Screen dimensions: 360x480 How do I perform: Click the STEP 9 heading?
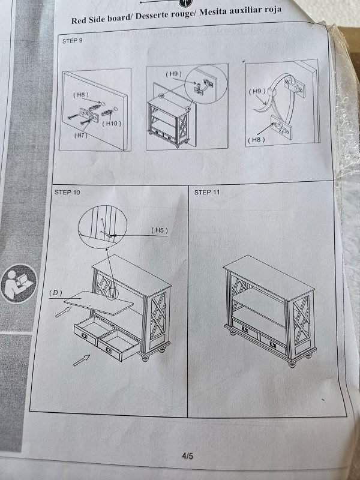[x=72, y=41]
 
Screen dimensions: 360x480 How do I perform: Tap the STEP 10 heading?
[x=67, y=192]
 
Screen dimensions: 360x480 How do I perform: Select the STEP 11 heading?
[x=207, y=192]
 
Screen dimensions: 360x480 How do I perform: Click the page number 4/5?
[x=187, y=456]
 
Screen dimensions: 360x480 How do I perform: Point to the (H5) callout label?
[x=160, y=230]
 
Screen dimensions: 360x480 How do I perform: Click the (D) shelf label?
[x=55, y=293]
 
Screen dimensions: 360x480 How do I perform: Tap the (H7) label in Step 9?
[x=81, y=136]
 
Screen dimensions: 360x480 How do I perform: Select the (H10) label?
[x=112, y=124]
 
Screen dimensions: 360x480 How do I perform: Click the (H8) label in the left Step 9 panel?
[x=80, y=95]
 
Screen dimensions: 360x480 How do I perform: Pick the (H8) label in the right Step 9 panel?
[x=256, y=140]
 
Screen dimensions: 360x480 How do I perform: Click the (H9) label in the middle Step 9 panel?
[x=173, y=74]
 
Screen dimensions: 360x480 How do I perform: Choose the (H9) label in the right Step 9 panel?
[x=257, y=91]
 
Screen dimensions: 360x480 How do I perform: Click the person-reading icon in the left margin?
[x=19, y=283]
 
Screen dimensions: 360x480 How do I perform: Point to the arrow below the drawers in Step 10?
[x=82, y=360]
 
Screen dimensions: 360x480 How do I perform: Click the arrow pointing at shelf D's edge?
[x=63, y=312]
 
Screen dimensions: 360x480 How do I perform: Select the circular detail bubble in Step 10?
[x=103, y=227]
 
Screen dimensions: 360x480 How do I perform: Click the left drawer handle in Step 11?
[x=245, y=329]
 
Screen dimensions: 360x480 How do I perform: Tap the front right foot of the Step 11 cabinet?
[x=292, y=364]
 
